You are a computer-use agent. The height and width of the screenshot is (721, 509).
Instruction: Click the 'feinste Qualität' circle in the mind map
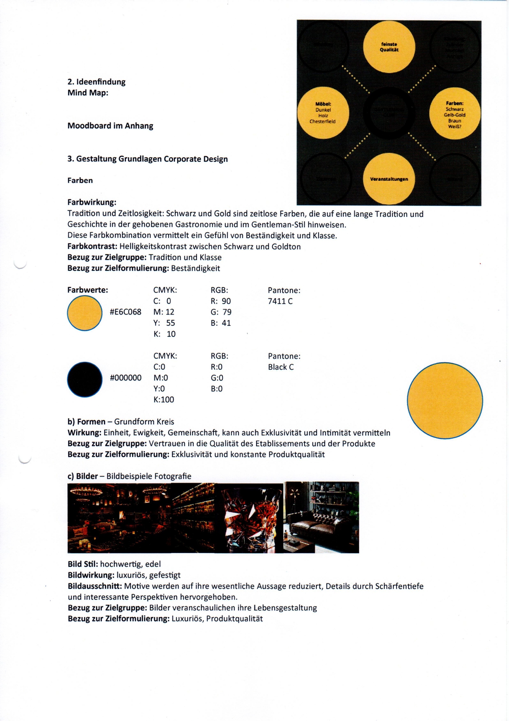[389, 47]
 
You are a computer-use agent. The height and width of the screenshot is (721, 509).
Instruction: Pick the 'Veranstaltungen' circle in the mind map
[389, 179]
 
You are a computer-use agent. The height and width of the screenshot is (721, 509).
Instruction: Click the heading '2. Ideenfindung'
[96, 82]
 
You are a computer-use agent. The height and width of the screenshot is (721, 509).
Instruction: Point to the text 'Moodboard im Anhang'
[110, 126]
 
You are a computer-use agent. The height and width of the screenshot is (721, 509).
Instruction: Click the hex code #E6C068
[125, 312]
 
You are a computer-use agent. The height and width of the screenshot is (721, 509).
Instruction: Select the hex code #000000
[125, 378]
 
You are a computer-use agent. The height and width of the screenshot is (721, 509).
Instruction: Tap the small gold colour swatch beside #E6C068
[85, 313]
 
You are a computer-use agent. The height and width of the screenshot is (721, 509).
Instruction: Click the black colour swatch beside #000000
[85, 379]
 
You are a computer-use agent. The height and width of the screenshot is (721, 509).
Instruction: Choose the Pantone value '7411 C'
[280, 301]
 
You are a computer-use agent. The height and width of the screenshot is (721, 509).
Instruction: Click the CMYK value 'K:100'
[163, 399]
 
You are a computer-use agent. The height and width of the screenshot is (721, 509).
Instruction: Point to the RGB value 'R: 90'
[220, 301]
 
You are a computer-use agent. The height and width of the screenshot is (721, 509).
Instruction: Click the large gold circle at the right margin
[445, 401]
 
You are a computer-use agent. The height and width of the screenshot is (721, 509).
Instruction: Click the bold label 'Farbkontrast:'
[92, 246]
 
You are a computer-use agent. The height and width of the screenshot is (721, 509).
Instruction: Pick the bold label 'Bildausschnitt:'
[95, 586]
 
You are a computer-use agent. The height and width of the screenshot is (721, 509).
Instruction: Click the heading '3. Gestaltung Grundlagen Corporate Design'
[147, 159]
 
